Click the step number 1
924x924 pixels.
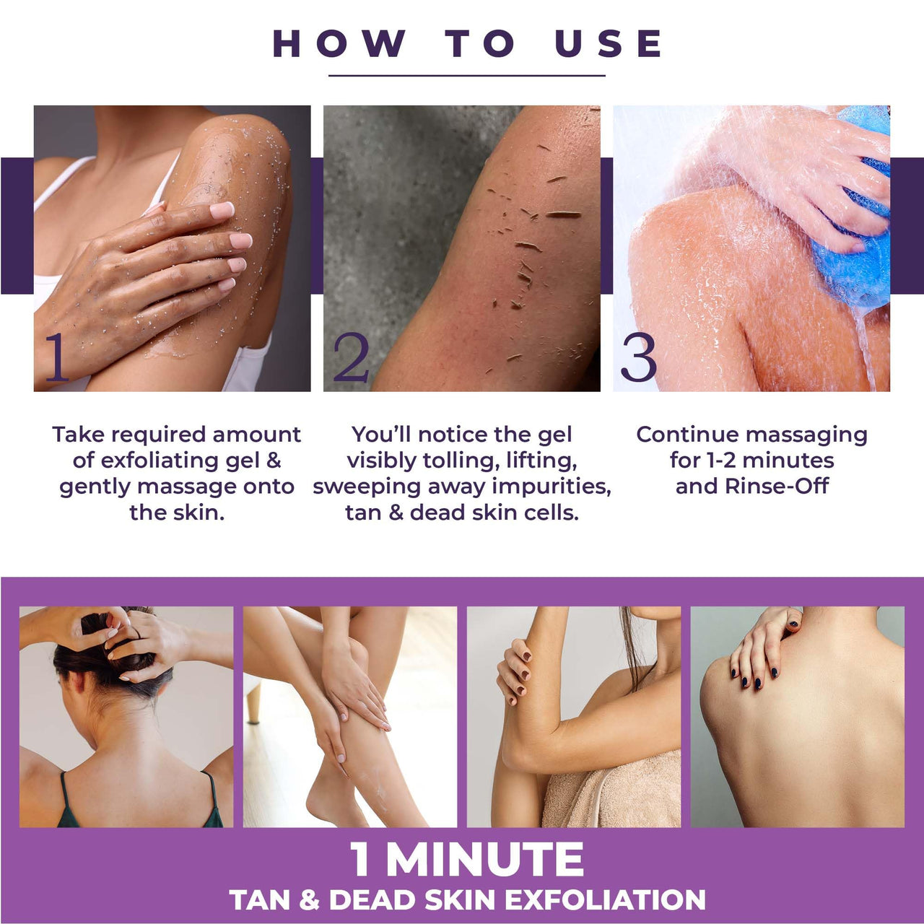57,357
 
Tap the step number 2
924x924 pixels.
351,358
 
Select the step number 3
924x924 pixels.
638,358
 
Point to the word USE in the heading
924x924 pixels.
609,43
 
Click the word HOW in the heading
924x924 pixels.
339,43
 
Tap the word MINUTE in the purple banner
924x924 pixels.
484,860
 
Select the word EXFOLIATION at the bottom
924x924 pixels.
605,900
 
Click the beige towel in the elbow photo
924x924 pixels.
614,794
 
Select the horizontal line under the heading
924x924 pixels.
466,75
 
